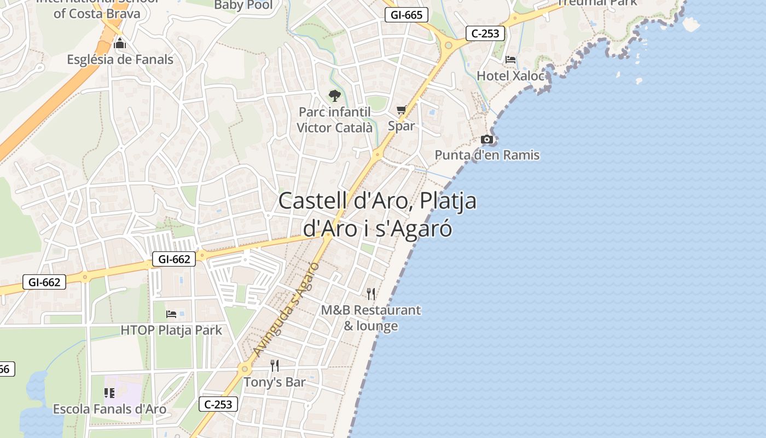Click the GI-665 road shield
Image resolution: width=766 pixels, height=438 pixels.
(405, 15)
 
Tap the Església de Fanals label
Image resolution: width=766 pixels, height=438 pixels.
(120, 60)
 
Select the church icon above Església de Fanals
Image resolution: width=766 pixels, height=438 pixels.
(120, 44)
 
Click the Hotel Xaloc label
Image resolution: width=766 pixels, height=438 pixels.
(510, 76)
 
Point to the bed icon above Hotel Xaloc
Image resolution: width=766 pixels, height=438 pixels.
(510, 59)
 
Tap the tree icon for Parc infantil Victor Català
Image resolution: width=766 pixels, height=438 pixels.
(334, 96)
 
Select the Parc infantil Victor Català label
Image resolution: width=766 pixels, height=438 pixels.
(334, 120)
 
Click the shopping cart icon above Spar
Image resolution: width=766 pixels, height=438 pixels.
(401, 110)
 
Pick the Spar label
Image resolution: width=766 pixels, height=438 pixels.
(401, 126)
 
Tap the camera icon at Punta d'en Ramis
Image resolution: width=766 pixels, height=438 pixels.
(486, 140)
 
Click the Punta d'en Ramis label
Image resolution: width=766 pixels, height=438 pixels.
(487, 155)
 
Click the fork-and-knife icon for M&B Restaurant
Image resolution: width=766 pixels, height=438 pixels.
(371, 294)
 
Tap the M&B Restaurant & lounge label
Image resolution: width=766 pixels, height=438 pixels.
(371, 318)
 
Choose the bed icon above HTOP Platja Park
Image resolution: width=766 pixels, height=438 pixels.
(171, 314)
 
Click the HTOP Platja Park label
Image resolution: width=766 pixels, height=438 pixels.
(171, 330)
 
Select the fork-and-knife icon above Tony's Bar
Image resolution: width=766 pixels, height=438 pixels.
(275, 366)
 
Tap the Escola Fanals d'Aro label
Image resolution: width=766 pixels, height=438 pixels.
(109, 409)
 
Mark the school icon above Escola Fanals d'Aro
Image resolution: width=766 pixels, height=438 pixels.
(109, 393)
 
